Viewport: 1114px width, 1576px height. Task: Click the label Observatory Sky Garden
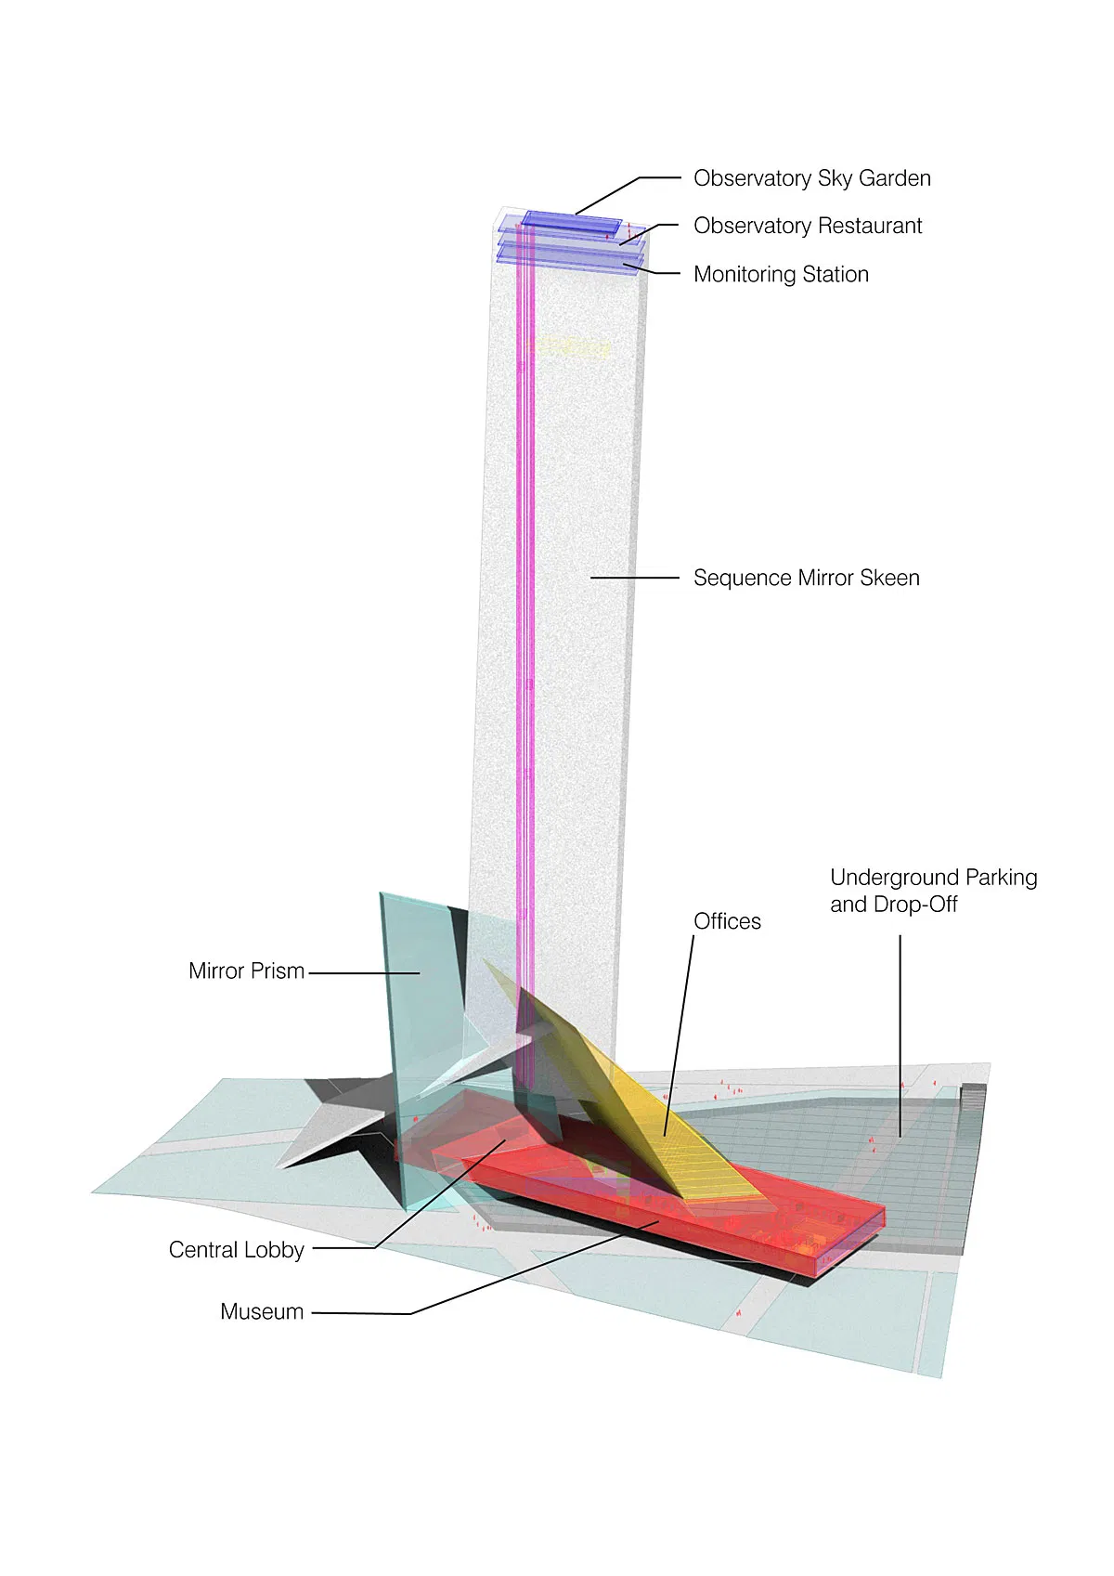click(811, 178)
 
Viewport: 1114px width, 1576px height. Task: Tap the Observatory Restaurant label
click(808, 226)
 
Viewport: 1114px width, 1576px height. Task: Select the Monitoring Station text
click(781, 274)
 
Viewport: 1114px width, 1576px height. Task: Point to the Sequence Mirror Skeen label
click(806, 578)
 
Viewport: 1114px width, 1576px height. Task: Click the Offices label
click(727, 921)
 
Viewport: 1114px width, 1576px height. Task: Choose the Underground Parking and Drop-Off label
click(933, 891)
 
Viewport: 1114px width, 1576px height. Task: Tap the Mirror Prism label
click(246, 971)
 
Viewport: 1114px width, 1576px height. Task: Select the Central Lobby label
click(236, 1250)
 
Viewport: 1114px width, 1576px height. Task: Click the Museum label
click(262, 1312)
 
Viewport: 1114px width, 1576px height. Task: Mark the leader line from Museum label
click(520, 1272)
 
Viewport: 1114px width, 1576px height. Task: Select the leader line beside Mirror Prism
click(362, 972)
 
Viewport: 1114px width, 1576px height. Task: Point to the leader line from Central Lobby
click(436, 1198)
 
